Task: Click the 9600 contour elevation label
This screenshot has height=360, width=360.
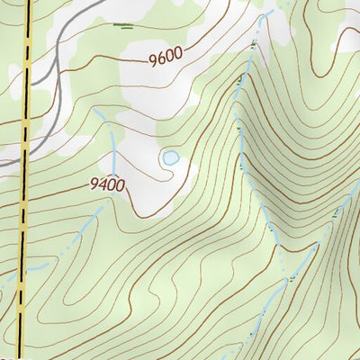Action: coord(165,56)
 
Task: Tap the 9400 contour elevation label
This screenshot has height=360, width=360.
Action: coord(107,184)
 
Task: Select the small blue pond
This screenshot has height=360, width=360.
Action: coord(169,158)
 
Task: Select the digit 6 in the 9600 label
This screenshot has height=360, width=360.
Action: coord(161,57)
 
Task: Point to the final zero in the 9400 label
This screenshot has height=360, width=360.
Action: coord(120,184)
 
